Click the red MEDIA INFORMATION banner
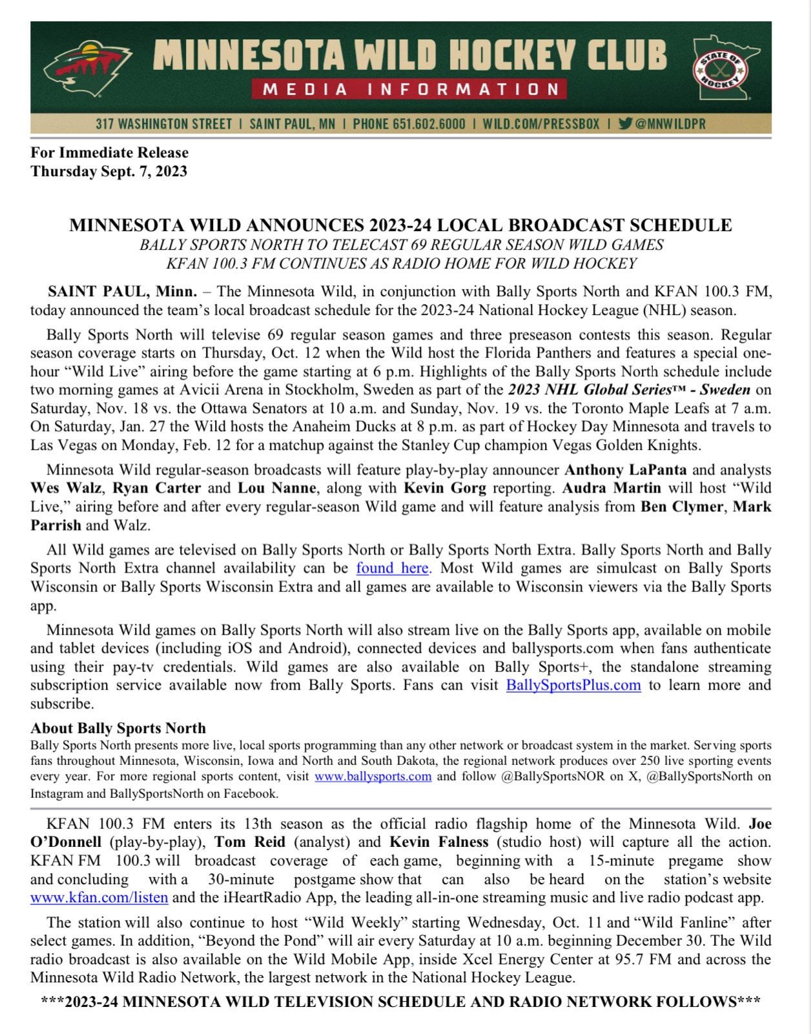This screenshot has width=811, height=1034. [409, 89]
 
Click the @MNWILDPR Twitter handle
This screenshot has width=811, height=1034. [669, 123]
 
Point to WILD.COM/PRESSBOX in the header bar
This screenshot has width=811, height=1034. [541, 123]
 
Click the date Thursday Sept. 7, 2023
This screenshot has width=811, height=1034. [108, 171]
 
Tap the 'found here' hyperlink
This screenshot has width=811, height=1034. [393, 568]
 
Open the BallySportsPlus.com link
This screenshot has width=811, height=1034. [573, 685]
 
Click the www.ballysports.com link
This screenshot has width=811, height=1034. [373, 776]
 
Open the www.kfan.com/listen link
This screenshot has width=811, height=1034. [99, 897]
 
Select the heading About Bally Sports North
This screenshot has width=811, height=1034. [118, 728]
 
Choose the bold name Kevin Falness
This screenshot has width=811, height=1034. [438, 842]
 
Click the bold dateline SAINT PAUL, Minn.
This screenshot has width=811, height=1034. [122, 291]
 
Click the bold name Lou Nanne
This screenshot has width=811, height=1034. [278, 488]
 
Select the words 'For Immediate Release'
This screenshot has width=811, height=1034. [109, 152]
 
